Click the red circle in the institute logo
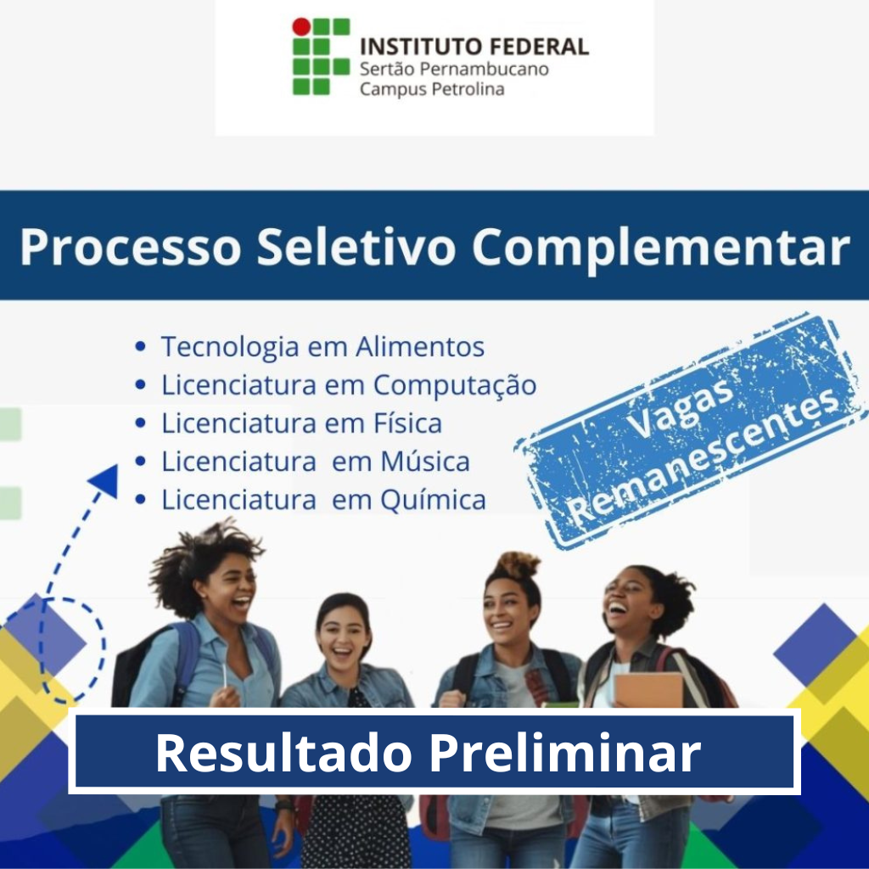tap(301, 26)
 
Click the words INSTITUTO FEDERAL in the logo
tap(474, 47)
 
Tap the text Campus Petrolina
tap(432, 89)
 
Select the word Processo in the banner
tap(131, 247)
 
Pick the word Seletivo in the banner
tap(356, 247)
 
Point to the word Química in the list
tap(434, 501)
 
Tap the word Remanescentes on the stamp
tap(704, 457)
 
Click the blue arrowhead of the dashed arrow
tap(104, 480)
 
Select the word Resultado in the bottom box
tap(283, 753)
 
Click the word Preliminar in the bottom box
tap(565, 753)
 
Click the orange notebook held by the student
tap(648, 690)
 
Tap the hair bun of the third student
tap(516, 565)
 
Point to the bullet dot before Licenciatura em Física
tap(141, 423)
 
